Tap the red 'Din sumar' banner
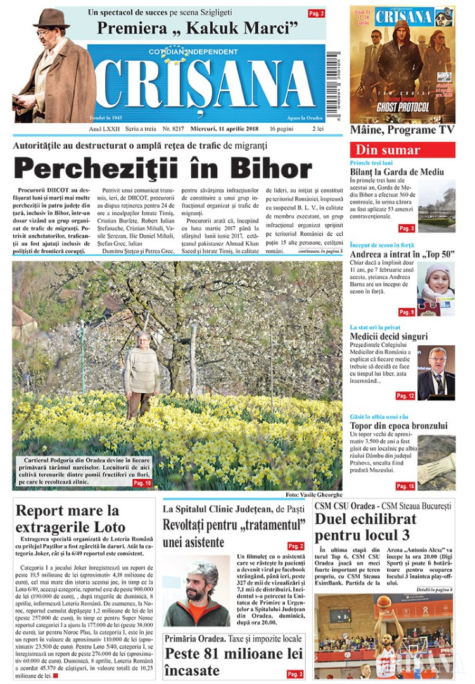coord(402,150)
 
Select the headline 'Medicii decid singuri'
coord(388,337)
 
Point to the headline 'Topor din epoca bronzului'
coord(398,426)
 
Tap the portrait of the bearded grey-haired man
coord(197,592)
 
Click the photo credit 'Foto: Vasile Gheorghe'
coord(313,494)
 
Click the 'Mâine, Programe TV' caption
coord(402,130)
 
